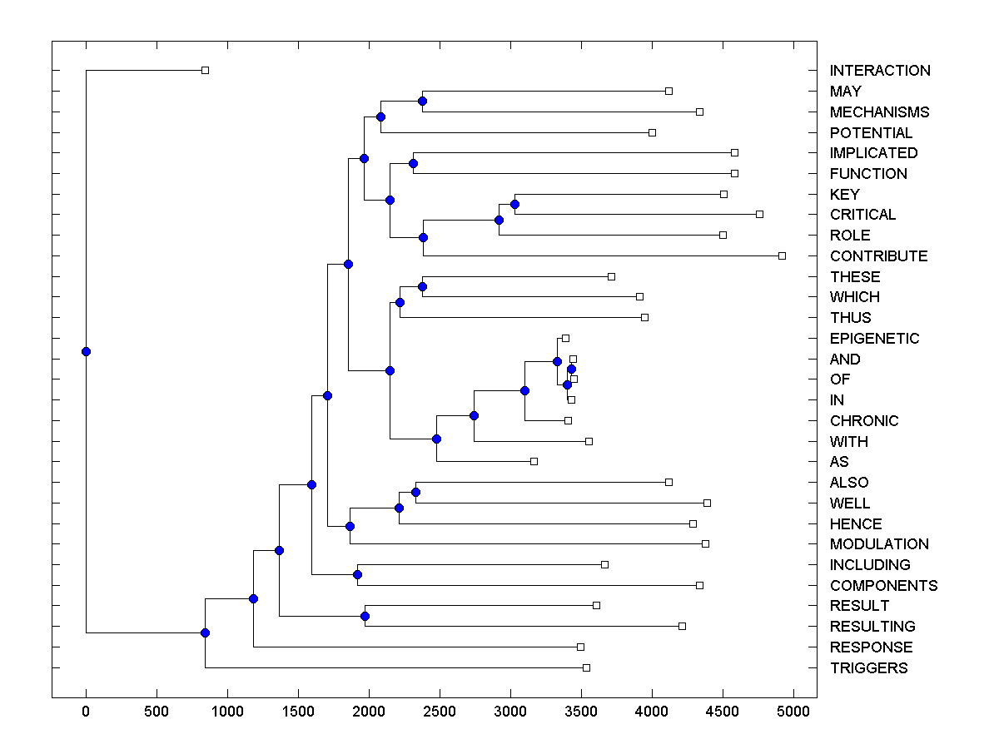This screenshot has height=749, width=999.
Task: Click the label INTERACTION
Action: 880,71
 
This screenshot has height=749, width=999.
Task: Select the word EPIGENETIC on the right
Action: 874,339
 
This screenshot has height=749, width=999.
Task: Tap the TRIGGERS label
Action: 868,668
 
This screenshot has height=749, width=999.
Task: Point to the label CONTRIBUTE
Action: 878,256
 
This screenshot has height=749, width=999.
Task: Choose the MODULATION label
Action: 879,544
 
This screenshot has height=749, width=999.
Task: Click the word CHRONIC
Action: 864,421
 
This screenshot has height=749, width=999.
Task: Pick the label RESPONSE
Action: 871,647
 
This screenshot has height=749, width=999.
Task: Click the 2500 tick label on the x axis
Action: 439,712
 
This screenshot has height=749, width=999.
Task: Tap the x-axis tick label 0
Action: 86,712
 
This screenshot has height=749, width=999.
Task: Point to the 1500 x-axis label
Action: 297,712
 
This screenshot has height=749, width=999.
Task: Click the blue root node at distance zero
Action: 86,351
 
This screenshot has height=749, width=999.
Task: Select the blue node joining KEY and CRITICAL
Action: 514,204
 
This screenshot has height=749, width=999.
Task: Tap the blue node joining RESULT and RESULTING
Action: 365,616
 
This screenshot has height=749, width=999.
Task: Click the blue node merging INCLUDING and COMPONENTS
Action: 357,574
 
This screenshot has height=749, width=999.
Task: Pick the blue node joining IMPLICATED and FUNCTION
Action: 413,163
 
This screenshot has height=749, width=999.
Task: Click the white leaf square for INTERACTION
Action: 205,70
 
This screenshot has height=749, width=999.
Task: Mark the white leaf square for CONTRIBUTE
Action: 782,255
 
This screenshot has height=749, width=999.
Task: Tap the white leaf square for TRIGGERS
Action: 586,667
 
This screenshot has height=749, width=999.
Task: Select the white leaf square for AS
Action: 534,461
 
